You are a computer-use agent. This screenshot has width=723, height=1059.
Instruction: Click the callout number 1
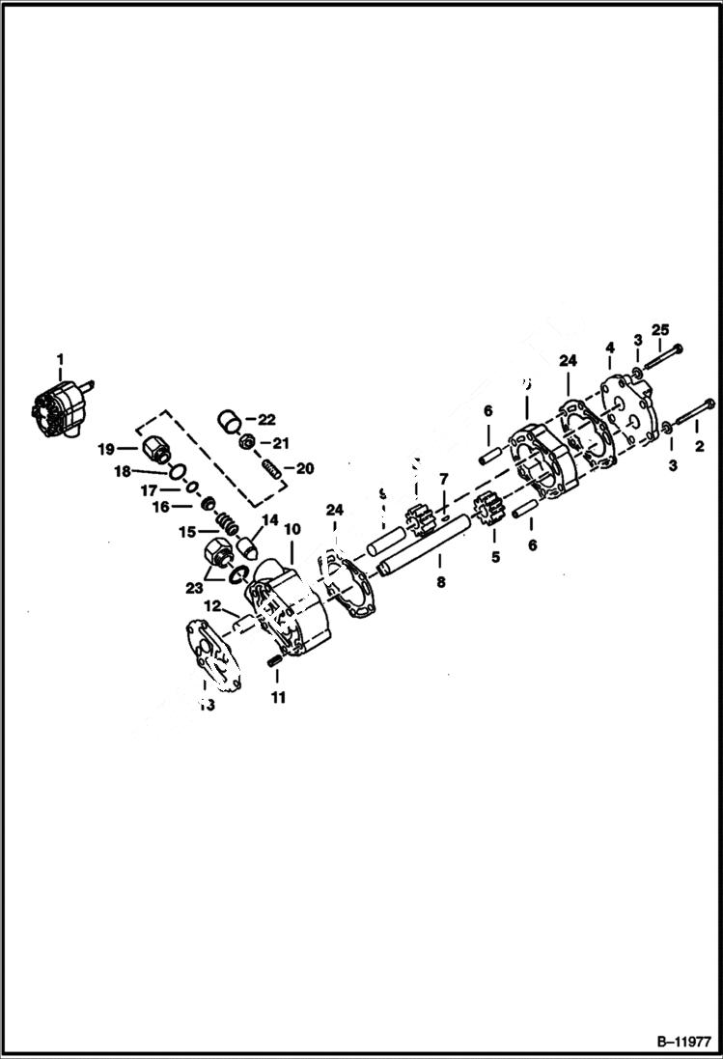(60, 360)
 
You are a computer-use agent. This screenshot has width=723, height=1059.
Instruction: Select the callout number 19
(105, 449)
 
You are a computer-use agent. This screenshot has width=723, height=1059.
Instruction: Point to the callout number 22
(266, 419)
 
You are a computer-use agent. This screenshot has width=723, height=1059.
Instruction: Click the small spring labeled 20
(271, 471)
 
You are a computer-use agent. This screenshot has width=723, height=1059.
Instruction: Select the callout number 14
(269, 519)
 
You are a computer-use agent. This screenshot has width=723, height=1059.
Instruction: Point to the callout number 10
(292, 530)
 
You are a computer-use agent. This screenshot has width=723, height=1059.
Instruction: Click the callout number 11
(278, 697)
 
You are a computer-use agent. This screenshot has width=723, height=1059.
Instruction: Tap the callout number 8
(439, 584)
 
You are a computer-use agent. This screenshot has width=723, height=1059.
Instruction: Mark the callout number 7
(443, 479)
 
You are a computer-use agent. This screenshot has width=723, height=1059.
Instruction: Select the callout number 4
(610, 347)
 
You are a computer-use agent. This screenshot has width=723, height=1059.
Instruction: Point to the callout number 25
(660, 329)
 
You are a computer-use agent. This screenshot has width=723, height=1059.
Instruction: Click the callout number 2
(699, 446)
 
